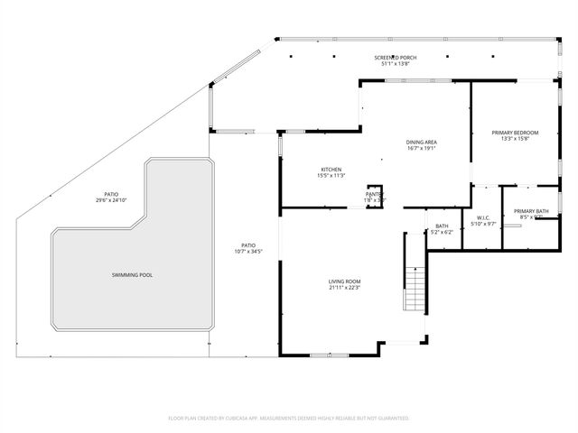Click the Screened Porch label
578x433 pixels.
395,58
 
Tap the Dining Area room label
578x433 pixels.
422,142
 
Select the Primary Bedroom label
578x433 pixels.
515,133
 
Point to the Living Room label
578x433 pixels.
344,282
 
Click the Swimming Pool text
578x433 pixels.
132,273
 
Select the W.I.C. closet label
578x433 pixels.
485,217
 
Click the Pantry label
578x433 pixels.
374,194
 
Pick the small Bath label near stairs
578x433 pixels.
442,226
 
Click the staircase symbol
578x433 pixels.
415,290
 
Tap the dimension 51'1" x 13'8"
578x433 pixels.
395,64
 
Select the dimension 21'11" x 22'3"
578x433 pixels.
344,289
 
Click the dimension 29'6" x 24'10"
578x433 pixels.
111,200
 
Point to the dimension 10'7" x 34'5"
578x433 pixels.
247,251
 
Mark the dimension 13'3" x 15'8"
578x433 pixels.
515,139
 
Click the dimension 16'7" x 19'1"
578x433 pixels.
422,148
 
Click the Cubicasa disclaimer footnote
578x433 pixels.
289,419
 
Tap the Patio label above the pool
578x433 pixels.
111,194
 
